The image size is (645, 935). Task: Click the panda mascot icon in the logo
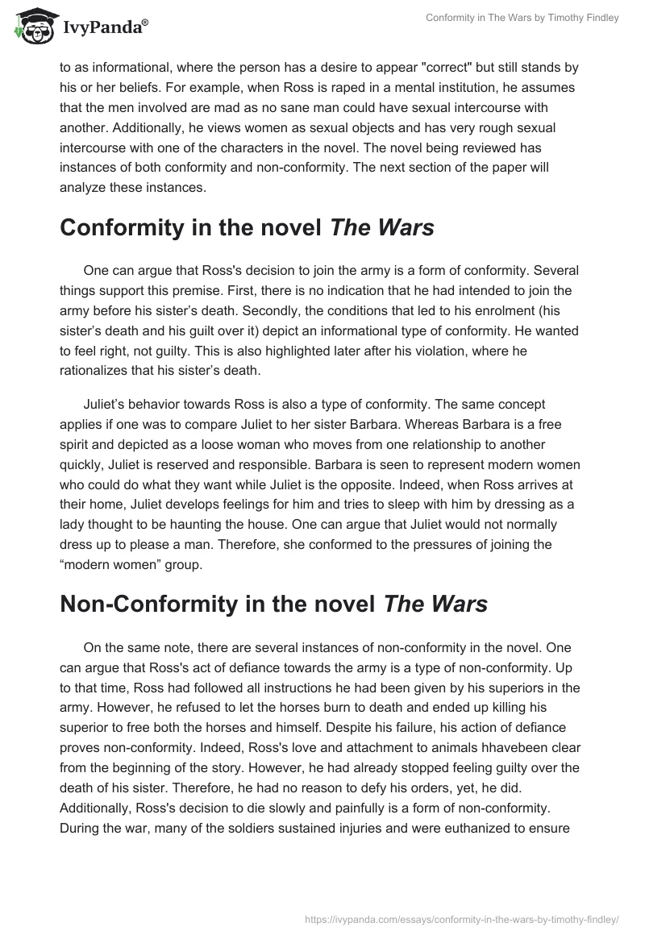33,27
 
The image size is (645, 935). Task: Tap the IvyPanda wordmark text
104,28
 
